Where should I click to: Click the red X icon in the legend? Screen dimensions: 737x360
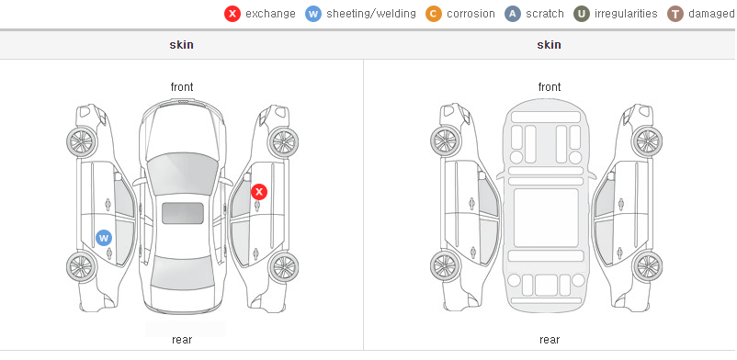pos(232,14)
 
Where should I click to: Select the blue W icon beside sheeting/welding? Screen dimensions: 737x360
pos(313,14)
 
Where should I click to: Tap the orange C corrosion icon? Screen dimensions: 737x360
pos(434,14)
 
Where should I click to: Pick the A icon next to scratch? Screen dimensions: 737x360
pos(513,14)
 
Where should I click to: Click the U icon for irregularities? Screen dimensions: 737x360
pos(582,14)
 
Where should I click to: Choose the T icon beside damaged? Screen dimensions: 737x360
pos(675,14)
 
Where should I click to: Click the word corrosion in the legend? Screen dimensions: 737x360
pos(471,14)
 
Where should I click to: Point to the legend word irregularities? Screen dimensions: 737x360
pos(626,14)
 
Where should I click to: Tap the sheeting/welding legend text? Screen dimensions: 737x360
pos(371,14)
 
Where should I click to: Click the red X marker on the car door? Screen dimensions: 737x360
pos(259,192)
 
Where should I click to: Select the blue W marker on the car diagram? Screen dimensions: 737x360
pos(104,238)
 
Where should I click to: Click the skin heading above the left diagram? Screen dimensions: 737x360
pos(181,45)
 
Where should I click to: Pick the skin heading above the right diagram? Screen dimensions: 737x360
pos(549,45)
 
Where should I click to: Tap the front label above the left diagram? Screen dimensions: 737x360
pos(182,87)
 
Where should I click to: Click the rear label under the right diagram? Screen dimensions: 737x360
pos(550,340)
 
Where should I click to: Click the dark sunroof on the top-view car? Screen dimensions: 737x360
pos(183,213)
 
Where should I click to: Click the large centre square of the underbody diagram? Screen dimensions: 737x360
pos(546,218)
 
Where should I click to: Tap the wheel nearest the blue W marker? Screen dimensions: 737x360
pos(82,266)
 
